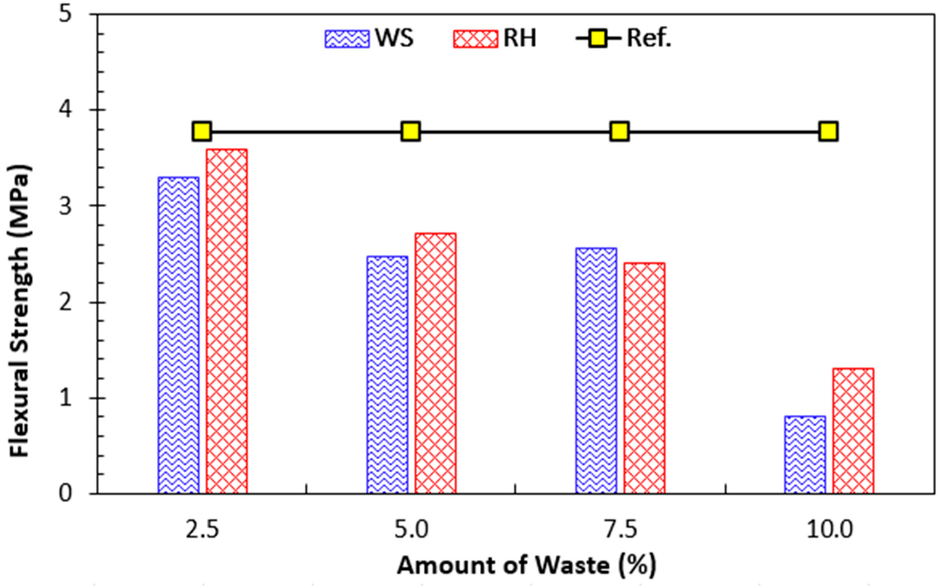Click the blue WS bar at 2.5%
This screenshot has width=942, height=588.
point(178,335)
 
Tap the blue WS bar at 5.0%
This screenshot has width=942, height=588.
point(387,375)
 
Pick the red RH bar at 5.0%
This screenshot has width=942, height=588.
point(436,363)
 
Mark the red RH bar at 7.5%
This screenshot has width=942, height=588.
point(644,378)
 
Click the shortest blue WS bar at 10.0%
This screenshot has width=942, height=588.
point(805,455)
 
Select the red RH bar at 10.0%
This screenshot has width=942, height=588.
point(853,431)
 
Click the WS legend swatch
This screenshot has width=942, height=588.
point(347,39)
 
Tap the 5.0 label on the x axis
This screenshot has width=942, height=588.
point(411,530)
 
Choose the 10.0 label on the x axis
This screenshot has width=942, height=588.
point(829,530)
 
